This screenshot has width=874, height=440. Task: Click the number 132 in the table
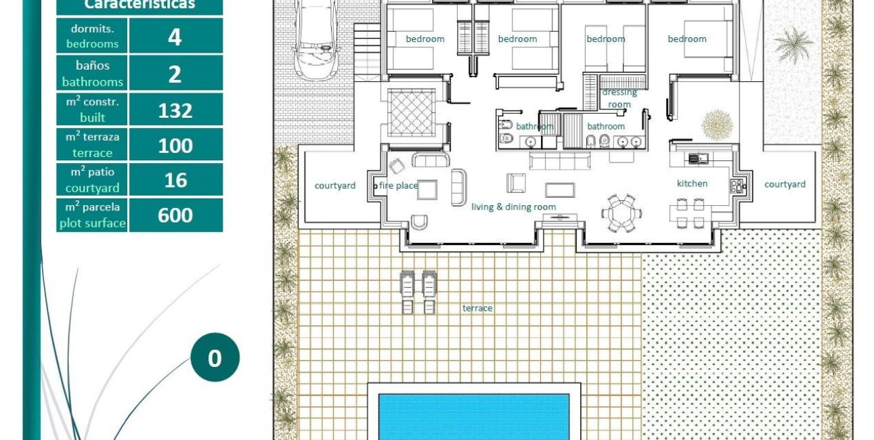(175, 110)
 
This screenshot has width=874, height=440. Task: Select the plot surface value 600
(175, 215)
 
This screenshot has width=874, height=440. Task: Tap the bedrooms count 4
(175, 37)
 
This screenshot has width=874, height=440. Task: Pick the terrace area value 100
(175, 145)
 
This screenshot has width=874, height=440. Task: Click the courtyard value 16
(175, 180)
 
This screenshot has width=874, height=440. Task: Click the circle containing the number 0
(215, 357)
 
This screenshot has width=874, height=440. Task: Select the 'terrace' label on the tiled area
(477, 308)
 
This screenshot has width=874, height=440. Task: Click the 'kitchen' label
(692, 183)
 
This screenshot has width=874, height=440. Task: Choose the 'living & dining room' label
(514, 207)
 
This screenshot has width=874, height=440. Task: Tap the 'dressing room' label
(619, 98)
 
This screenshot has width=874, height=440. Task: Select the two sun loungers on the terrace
(418, 292)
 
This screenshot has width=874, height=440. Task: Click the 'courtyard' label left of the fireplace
(335, 185)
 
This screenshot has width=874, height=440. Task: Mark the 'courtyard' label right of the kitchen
(785, 184)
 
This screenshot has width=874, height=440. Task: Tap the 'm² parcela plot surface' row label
(93, 215)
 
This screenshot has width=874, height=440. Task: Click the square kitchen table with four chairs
(689, 213)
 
